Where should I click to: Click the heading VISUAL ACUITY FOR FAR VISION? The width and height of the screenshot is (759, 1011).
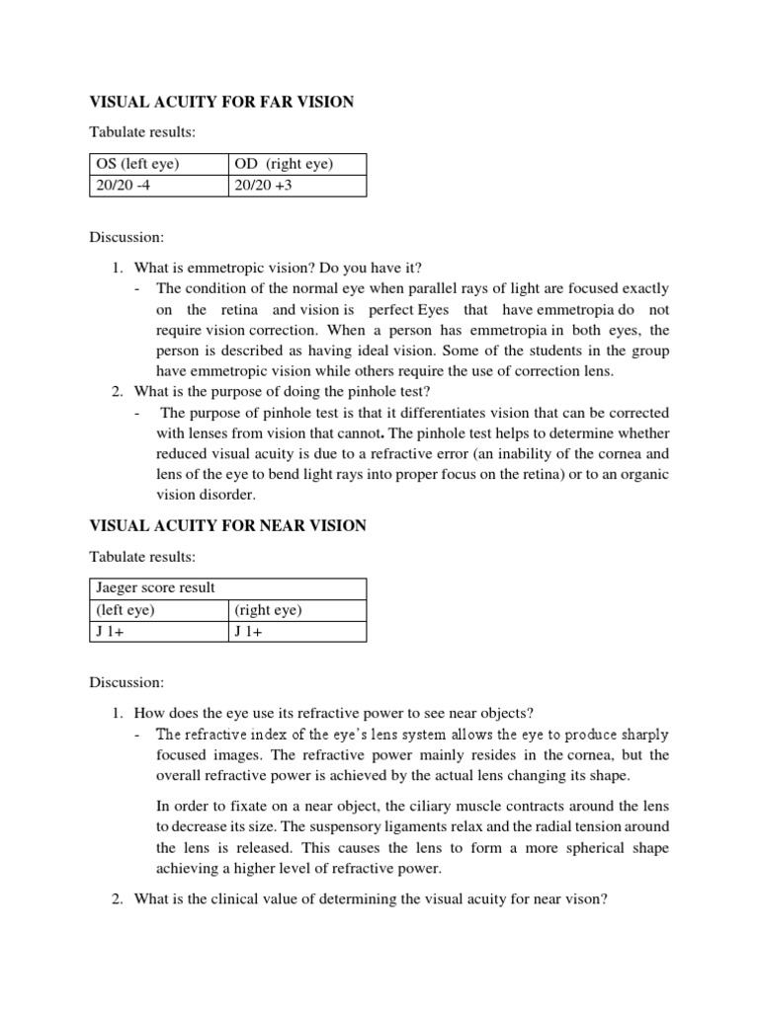pyautogui.click(x=221, y=103)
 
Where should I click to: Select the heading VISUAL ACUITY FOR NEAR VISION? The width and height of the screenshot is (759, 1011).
pyautogui.click(x=228, y=526)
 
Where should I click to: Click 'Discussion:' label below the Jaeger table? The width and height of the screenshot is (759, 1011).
pyautogui.click(x=127, y=682)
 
